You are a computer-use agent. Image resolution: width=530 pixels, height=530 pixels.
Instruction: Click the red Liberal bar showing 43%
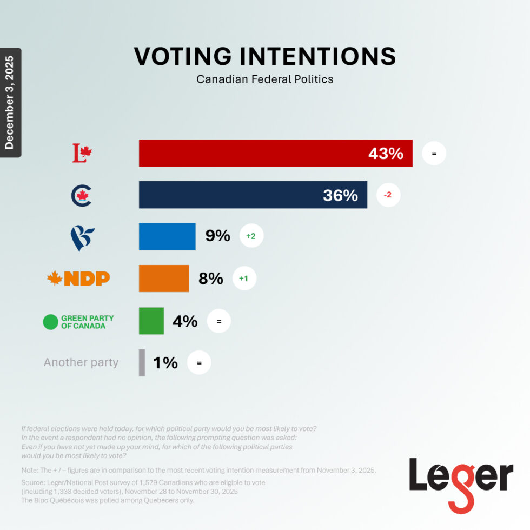pyautogui.click(x=275, y=154)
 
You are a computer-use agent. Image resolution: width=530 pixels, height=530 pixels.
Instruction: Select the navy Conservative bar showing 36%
pyautogui.click(x=253, y=195)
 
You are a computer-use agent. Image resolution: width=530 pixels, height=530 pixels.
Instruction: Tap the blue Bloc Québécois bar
pyautogui.click(x=167, y=236)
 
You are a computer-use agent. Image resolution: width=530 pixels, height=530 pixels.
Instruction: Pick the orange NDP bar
pyautogui.click(x=164, y=279)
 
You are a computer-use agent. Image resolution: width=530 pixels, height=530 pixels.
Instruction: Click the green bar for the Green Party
pyautogui.click(x=151, y=321)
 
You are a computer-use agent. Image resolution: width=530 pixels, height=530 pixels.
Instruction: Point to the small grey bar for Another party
pyautogui.click(x=142, y=362)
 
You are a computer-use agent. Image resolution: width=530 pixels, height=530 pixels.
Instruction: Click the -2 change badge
pyautogui.click(x=387, y=195)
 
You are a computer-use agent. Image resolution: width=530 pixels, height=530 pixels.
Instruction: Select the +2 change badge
pyautogui.click(x=251, y=236)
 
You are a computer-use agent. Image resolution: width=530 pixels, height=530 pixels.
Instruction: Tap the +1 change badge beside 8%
pyautogui.click(x=243, y=279)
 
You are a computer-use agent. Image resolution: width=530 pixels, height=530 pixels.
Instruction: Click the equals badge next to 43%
pyautogui.click(x=434, y=154)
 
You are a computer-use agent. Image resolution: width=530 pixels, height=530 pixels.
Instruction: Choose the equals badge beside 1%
pyautogui.click(x=199, y=363)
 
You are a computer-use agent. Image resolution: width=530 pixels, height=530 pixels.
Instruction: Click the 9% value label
pyautogui.click(x=217, y=236)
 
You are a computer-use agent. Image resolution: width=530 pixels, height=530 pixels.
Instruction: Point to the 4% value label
pyautogui.click(x=185, y=321)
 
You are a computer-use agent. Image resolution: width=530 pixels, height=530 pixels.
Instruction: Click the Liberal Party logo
pyautogui.click(x=82, y=154)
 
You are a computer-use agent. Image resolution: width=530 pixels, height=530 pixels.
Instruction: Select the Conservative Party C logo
pyautogui.click(x=82, y=195)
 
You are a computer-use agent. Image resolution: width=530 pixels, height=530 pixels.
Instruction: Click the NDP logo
pyautogui.click(x=79, y=279)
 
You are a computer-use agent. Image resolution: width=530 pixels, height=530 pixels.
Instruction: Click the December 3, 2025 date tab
pyautogui.click(x=10, y=102)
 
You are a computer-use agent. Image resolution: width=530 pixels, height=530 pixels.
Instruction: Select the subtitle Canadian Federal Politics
pyautogui.click(x=265, y=79)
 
